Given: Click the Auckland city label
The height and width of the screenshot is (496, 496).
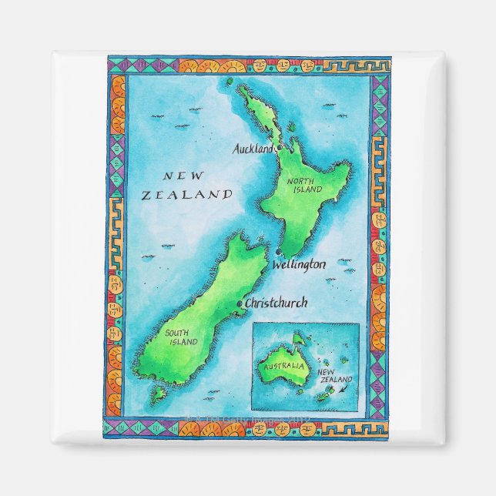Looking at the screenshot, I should coord(253,148).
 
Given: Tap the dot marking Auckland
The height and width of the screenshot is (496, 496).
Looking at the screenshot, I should coord(280,146).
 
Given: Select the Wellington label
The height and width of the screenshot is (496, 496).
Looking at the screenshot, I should coord(298,264).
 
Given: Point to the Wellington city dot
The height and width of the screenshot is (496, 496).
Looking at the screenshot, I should coord(276,253).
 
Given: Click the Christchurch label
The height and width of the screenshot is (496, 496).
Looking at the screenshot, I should coord(276,303).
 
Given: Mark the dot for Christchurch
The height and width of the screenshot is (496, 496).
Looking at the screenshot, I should coord(240,304).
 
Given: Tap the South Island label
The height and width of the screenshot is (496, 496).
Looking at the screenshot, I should coord(180,337).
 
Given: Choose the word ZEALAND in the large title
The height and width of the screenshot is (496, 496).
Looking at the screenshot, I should coord(187,196).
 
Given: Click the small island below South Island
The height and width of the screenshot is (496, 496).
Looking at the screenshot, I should coord(159,394).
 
